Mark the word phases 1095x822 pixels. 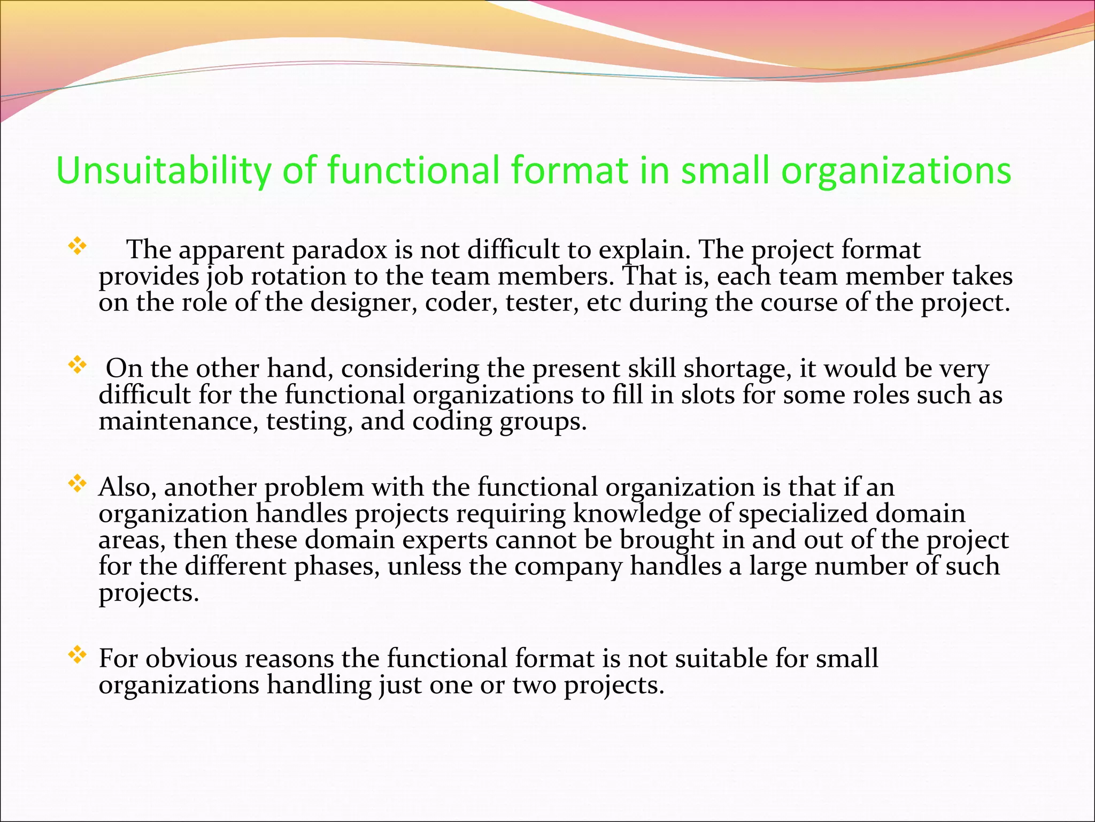point(336,566)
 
